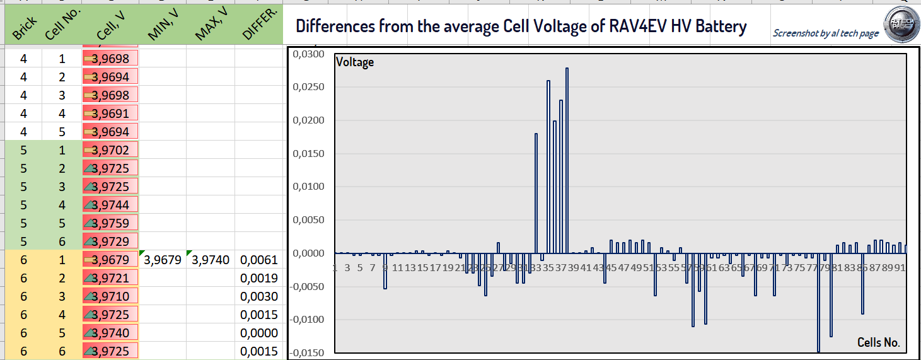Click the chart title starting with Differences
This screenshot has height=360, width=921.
521,26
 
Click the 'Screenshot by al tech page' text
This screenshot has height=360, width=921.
825,33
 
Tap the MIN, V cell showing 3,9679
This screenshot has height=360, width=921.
163,260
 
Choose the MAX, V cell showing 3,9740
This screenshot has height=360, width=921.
211,260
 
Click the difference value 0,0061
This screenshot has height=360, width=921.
259,260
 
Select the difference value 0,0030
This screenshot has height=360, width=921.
259,296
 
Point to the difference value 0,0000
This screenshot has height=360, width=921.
259,333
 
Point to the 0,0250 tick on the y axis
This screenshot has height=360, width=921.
310,88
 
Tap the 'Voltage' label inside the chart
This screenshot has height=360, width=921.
355,62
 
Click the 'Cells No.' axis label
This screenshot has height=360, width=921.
878,342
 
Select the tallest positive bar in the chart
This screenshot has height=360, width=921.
567,160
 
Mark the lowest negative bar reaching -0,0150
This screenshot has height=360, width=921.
818,303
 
